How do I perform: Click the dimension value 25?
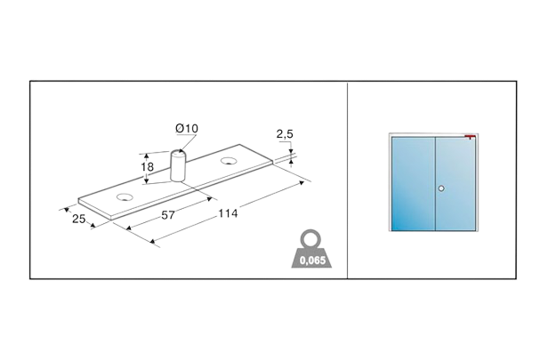tap(78, 218)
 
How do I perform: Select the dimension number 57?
tap(166, 216)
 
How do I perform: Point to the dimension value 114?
tap(229, 214)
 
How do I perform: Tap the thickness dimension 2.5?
tap(285, 135)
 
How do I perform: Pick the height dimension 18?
tap(149, 165)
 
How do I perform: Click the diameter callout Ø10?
tap(188, 130)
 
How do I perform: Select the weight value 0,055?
tap(312, 260)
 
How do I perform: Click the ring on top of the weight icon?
tap(312, 236)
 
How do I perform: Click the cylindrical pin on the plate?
tap(176, 165)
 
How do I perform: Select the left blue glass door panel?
tap(411, 183)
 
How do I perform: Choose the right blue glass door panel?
tap(455, 183)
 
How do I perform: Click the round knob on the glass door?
tap(440, 188)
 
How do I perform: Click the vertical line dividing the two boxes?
tap(347, 178)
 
